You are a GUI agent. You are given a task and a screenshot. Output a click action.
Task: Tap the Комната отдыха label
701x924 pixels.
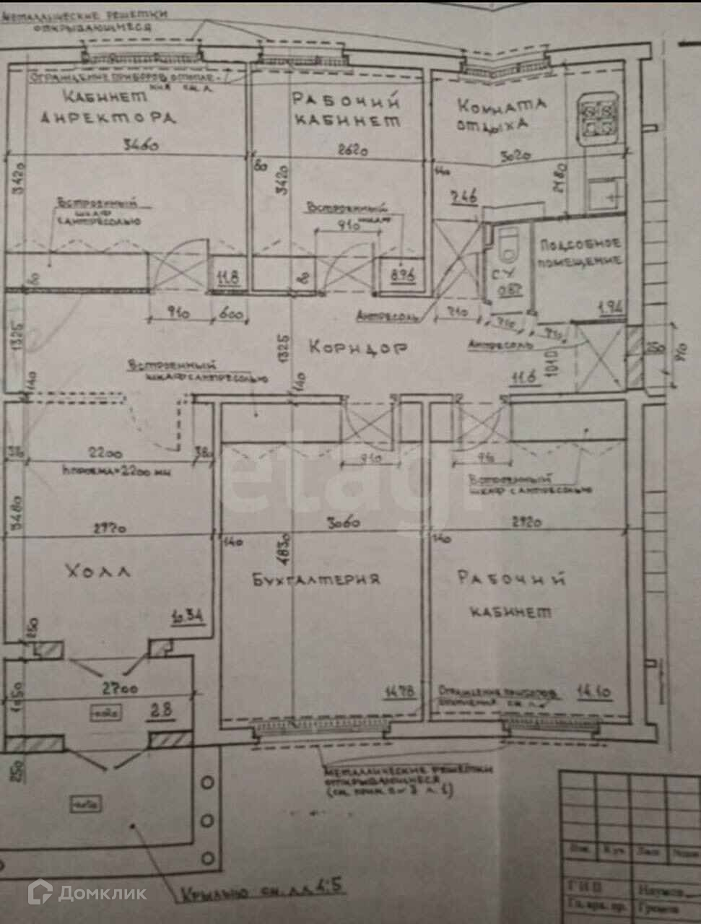coord(500,113)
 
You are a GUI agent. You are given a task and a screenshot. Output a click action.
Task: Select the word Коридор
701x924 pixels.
coord(359,347)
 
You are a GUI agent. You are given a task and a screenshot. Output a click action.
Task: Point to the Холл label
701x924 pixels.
coord(98,572)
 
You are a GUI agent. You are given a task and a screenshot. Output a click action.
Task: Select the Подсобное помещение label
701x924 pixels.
coord(579,253)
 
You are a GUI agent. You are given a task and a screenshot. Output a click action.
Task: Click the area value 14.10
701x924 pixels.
coord(594,692)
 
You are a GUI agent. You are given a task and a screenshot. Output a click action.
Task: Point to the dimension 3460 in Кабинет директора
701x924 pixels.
coord(140,147)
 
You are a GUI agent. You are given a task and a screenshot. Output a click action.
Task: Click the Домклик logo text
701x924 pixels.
coord(102,893)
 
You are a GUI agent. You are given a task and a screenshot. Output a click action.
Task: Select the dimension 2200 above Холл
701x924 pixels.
coord(106,453)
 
